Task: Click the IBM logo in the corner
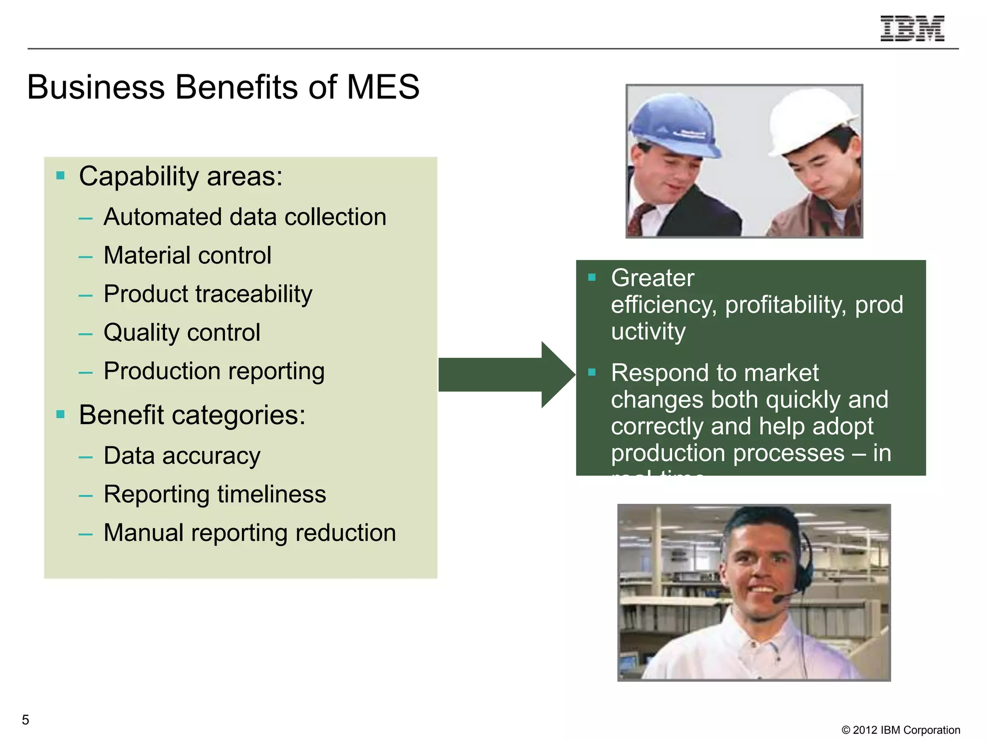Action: (x=912, y=28)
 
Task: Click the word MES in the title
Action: (x=383, y=87)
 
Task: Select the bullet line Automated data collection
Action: (x=245, y=217)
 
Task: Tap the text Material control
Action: (x=187, y=256)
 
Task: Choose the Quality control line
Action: (x=182, y=333)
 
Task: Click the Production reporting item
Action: (x=214, y=371)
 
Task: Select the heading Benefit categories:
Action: (x=192, y=415)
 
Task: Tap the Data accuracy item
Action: (x=182, y=456)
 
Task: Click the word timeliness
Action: (x=272, y=494)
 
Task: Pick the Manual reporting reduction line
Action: (x=249, y=533)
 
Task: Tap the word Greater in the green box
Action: (x=652, y=278)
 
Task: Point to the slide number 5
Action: (x=26, y=720)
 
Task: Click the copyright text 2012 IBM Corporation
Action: (x=901, y=730)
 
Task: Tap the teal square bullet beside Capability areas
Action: (x=60, y=176)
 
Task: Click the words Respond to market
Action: (x=714, y=373)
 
